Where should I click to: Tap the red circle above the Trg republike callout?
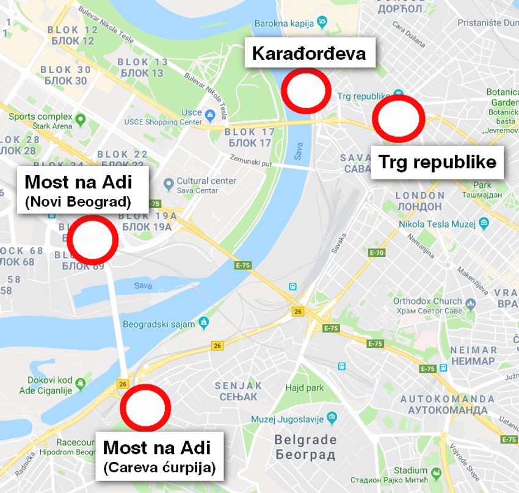point(399,118)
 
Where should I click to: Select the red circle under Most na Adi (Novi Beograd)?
point(92,240)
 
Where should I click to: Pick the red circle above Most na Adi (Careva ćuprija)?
point(145,408)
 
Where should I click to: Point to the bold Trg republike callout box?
point(437,162)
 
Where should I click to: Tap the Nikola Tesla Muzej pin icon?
point(484,224)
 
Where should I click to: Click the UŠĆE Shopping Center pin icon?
point(209,113)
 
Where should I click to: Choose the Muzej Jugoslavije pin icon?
point(332,418)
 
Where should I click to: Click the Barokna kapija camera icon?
point(322,22)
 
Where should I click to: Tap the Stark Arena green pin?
point(81,117)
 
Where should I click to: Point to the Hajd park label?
point(304,387)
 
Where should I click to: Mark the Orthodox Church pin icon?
point(470,303)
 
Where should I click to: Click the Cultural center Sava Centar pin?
point(169,184)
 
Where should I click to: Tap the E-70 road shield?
point(377,253)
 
